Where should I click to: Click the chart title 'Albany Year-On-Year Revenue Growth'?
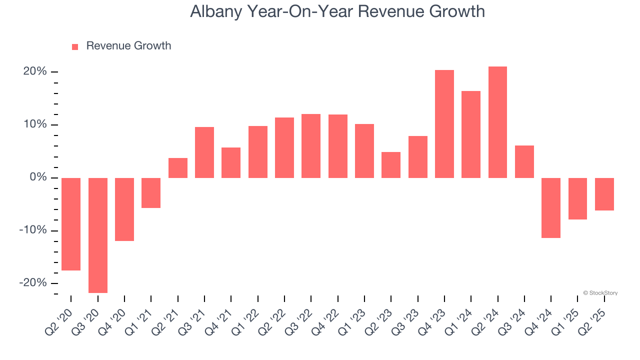337,11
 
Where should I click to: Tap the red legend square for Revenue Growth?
75,46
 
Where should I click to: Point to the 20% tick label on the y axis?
35,71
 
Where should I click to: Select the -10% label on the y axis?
33,230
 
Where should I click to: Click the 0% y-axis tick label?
37,177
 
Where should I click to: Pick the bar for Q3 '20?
97,235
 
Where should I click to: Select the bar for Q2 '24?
497,122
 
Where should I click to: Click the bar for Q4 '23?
444,124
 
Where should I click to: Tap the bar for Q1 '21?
151,192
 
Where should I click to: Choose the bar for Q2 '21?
177,168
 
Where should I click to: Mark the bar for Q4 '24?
551,207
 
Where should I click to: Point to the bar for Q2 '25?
604,194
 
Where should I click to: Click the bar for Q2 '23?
391,165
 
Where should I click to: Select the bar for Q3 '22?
311,146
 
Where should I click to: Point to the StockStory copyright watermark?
600,293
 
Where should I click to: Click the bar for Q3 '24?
524,161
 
